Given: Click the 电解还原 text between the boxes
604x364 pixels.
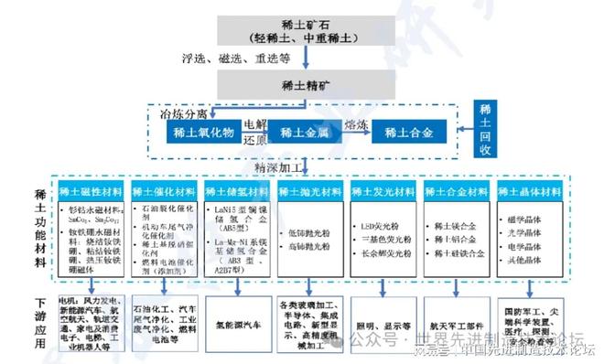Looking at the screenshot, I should click(x=255, y=133).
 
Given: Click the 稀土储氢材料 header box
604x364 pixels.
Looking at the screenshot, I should click(x=235, y=192).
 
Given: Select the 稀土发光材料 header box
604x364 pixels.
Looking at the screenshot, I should click(x=382, y=192).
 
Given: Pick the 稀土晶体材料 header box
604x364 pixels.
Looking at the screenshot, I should click(x=529, y=192).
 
